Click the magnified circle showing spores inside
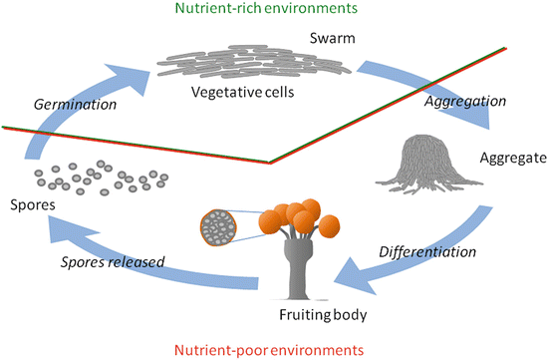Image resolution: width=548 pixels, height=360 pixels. (x=220, y=228)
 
